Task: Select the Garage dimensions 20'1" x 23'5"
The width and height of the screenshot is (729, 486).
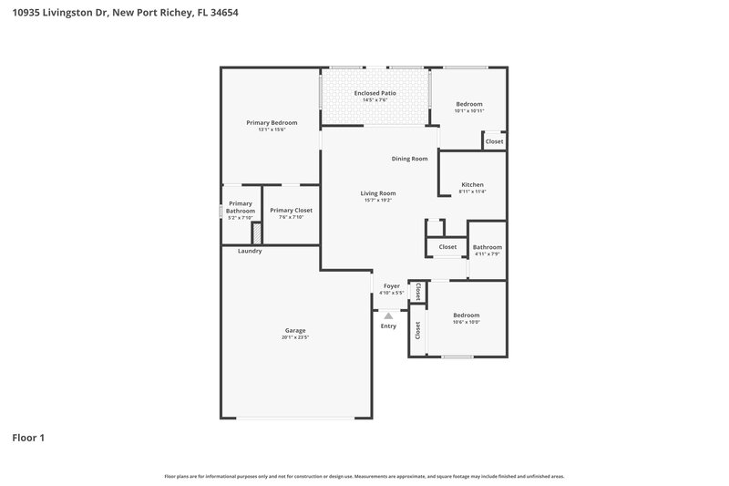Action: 295,337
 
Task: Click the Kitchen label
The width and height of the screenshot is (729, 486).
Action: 472,184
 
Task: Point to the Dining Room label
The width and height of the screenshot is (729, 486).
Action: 409,159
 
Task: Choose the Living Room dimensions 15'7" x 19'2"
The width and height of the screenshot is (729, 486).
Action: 377,200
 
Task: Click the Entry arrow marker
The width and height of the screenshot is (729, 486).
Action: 388,315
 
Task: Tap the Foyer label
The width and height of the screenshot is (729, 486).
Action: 392,286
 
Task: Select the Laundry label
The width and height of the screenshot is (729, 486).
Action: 250,251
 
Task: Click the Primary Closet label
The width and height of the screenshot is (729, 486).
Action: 291,210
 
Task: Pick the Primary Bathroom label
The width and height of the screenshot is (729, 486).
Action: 241,207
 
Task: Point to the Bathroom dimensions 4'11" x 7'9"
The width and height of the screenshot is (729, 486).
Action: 488,253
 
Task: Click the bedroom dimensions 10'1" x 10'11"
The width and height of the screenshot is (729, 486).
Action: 469,110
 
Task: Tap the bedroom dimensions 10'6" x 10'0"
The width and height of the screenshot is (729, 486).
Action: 466,322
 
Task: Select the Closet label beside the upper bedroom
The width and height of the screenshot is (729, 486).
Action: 494,141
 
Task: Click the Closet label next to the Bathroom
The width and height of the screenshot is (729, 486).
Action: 447,246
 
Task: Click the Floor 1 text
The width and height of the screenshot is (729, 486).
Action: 28,438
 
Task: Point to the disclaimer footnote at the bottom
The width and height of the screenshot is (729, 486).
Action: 364,476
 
